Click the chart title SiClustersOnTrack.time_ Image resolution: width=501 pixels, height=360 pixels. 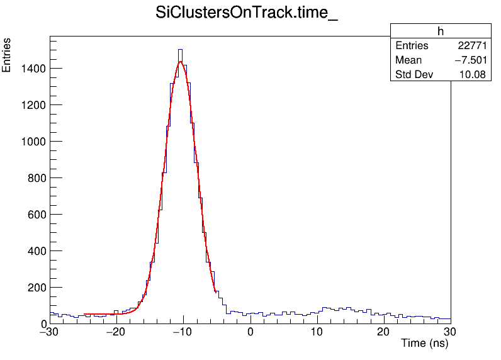(x=247, y=14)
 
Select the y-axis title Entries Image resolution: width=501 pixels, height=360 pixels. (x=7, y=55)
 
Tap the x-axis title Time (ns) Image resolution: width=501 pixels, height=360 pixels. (x=424, y=344)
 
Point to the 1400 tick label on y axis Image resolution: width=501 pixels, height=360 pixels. (x=31, y=68)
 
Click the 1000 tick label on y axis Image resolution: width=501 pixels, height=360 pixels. (x=31, y=141)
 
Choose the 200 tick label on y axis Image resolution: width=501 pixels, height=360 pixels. (x=34, y=287)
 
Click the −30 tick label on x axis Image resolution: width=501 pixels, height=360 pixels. (x=50, y=332)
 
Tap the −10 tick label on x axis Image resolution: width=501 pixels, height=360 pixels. (x=183, y=332)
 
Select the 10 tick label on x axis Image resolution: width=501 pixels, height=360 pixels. (x=317, y=332)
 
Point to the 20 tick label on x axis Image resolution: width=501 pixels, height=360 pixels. (x=384, y=332)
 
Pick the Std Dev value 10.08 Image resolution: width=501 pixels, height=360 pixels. (x=473, y=75)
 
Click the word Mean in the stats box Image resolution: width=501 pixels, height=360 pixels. (x=408, y=60)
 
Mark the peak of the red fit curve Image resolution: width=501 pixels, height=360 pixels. (x=180, y=62)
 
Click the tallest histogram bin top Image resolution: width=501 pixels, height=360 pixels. (x=180, y=50)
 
